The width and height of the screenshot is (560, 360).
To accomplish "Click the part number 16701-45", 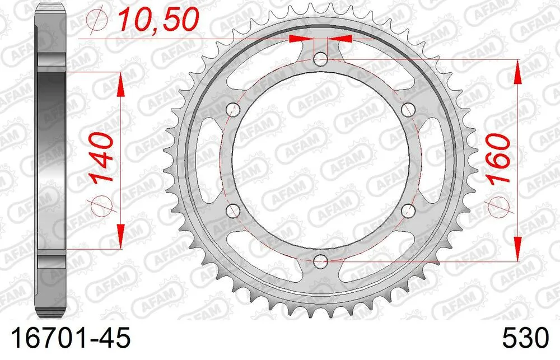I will point(66,339).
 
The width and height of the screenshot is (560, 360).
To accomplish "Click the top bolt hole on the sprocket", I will point(321,59).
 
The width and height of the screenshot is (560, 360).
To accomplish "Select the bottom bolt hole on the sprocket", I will point(321,260).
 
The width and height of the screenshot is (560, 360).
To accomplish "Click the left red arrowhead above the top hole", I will point(299,39).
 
